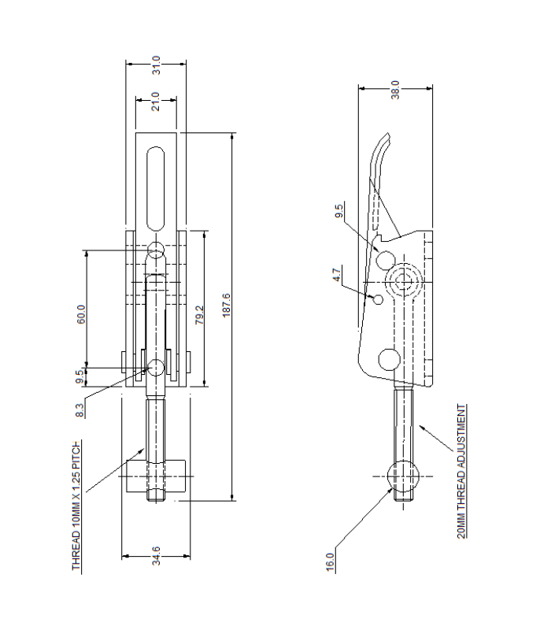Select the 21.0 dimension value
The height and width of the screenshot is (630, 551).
[x=156, y=102]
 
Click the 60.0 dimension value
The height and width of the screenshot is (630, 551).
[x=81, y=313]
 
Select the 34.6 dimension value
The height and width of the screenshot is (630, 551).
[x=156, y=561]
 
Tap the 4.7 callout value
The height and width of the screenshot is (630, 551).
[x=337, y=276]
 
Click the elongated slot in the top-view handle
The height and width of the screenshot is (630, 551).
[x=156, y=185]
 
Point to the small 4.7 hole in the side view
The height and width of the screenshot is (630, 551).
[x=377, y=299]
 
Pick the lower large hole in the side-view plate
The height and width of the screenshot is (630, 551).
[x=388, y=360]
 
